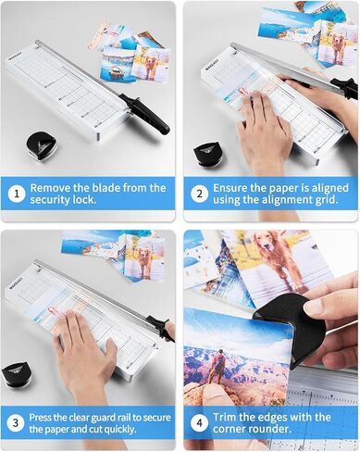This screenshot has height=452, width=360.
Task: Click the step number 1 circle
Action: click(17, 195)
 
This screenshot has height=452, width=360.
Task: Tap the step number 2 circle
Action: click(200, 194)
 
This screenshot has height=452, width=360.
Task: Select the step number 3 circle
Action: click(16, 422)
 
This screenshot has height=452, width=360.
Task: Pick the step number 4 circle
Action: click(200, 422)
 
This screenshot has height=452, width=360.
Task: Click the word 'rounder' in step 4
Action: click(270, 429)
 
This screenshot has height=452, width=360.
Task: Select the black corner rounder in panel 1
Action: click(40, 146)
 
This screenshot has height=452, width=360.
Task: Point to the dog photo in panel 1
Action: click(150, 64)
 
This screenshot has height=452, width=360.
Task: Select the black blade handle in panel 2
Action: click(345, 87)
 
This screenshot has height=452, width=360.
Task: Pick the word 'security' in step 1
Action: click(51, 199)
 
